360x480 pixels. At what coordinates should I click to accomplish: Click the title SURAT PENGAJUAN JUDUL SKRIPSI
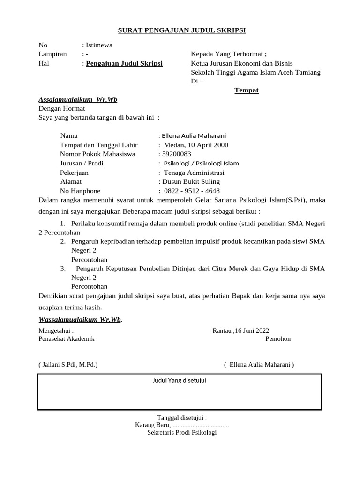(x=182, y=30)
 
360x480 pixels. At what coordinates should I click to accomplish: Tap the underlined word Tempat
(x=247, y=90)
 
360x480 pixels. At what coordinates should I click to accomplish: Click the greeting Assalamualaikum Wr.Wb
(x=78, y=99)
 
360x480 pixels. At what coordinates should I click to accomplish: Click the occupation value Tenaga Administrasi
(x=194, y=172)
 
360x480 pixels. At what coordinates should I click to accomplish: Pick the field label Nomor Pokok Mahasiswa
(x=97, y=154)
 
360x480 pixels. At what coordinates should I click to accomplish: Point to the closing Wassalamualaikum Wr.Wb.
(x=80, y=319)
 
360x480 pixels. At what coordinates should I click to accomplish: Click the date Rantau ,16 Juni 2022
(x=241, y=330)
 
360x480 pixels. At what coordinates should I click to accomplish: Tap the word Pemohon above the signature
(x=278, y=338)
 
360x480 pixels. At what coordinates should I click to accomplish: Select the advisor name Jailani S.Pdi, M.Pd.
(x=68, y=364)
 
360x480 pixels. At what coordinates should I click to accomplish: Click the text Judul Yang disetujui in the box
(x=180, y=380)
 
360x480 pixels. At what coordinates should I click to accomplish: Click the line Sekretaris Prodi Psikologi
(x=182, y=433)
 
